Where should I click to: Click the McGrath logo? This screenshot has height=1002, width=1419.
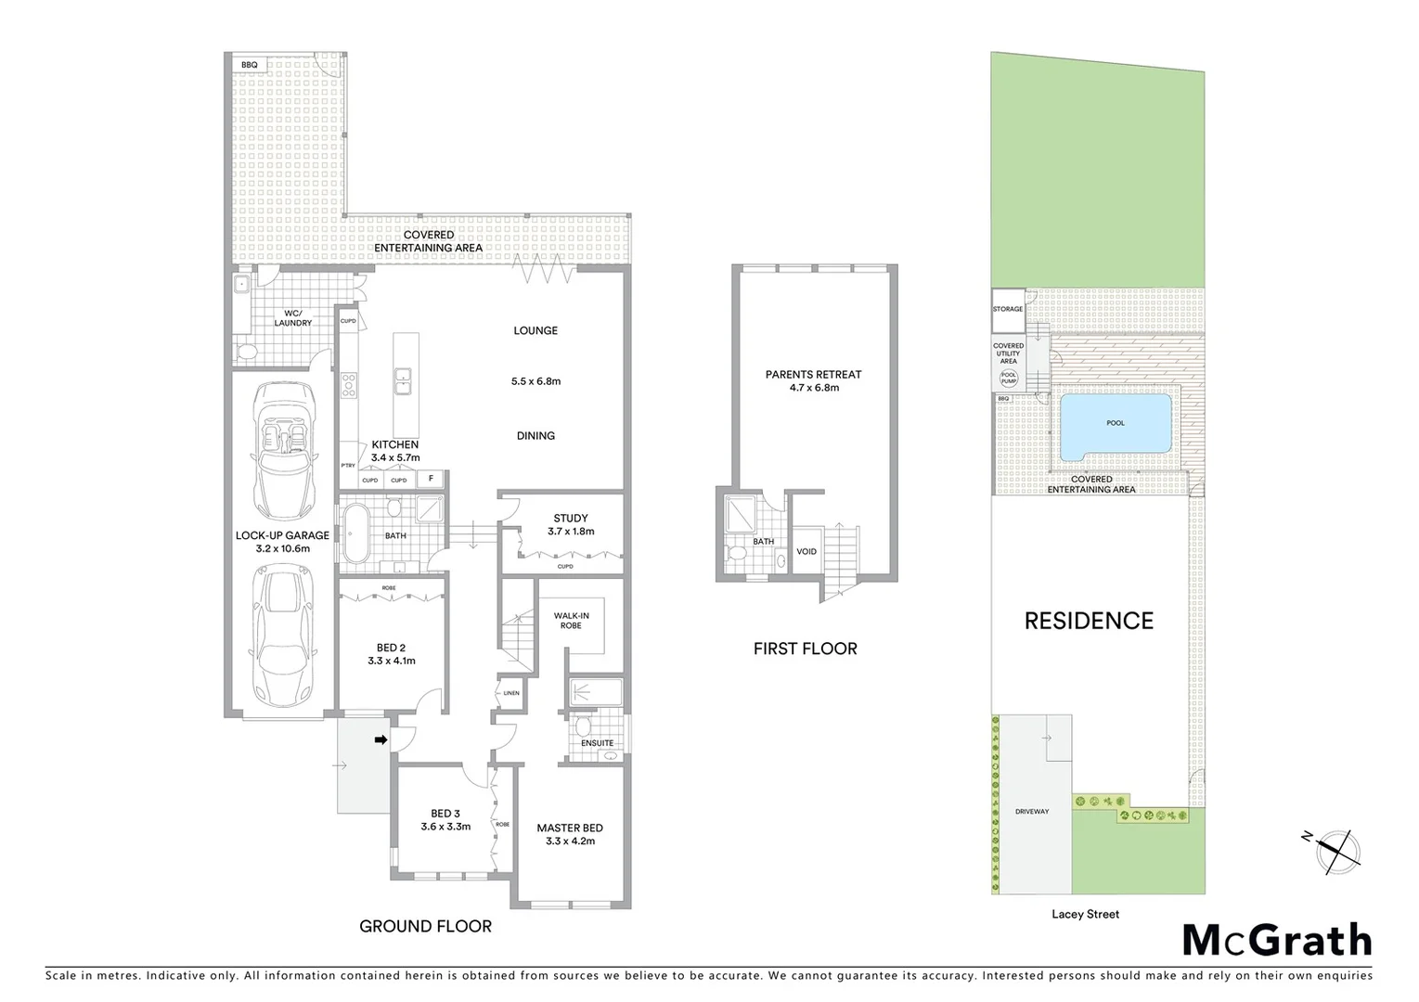click(1276, 940)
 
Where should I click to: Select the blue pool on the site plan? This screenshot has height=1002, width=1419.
click(1115, 425)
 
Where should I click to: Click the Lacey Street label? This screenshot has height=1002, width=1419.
click(1085, 914)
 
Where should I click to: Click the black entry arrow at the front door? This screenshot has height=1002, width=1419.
click(381, 739)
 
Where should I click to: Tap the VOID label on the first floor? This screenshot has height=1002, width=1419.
click(806, 551)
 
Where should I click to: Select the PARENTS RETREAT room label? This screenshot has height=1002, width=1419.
click(813, 380)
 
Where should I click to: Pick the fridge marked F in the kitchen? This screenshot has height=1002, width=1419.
click(430, 479)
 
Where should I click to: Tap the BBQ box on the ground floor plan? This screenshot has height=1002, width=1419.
click(250, 65)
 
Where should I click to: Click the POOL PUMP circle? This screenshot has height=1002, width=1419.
click(1008, 378)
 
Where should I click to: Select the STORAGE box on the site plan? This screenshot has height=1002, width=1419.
click(1008, 310)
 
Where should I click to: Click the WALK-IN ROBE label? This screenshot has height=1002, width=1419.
click(571, 620)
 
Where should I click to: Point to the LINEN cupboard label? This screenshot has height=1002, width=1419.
click(511, 693)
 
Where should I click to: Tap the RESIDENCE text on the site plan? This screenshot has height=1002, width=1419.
click(1089, 621)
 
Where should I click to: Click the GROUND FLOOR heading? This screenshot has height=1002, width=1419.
click(425, 926)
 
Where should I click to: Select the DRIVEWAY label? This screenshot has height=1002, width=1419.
click(1031, 812)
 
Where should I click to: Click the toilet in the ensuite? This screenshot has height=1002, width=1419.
click(583, 724)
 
